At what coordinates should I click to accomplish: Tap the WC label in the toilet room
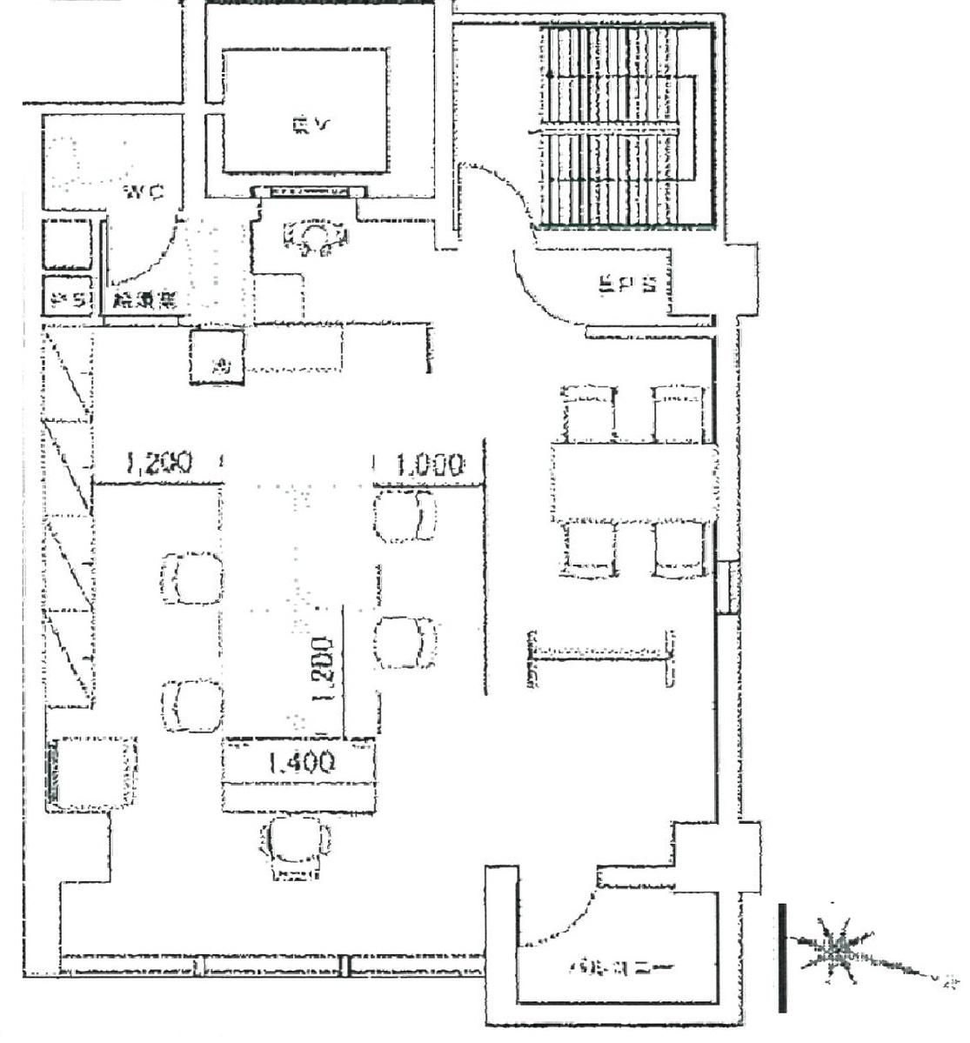click(143, 191)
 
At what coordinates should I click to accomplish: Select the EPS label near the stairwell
click(625, 285)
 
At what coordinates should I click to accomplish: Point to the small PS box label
click(69, 300)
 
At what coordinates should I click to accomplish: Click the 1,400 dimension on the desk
click(300, 763)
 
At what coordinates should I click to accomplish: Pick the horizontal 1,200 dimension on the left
click(158, 463)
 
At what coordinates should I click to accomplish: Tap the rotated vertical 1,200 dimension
click(323, 668)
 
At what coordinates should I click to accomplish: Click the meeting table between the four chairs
click(633, 482)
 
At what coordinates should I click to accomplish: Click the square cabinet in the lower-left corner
click(93, 772)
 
